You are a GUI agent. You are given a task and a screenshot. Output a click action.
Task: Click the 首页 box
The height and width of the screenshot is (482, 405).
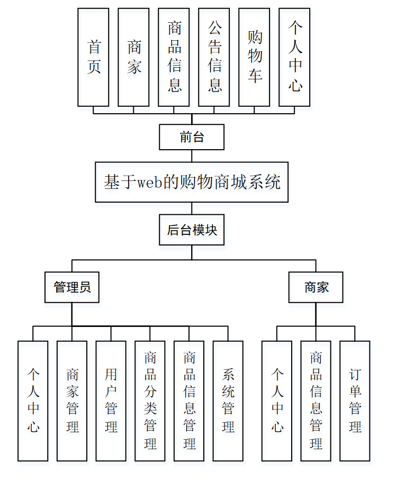point(93,57)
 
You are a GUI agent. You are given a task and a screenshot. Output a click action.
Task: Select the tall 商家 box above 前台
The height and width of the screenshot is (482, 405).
point(133,57)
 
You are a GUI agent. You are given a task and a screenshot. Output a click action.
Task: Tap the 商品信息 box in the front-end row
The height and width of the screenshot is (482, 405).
point(174,57)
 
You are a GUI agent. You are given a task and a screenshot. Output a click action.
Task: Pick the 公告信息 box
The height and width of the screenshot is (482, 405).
point(214,57)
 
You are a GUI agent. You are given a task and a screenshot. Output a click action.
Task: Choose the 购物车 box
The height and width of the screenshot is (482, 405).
point(254,57)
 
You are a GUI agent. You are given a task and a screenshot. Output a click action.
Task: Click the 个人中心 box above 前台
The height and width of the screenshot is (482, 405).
point(294,57)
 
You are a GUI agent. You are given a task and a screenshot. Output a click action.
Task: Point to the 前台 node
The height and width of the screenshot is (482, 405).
point(192,138)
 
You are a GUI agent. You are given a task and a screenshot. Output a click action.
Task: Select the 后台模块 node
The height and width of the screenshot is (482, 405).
point(192,230)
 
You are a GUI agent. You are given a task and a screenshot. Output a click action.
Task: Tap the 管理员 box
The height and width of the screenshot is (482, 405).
point(72,287)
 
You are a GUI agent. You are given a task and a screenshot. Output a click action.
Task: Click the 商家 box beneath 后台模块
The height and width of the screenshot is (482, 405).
point(316,287)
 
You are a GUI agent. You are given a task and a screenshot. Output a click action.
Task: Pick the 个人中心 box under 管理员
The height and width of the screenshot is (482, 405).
point(33,401)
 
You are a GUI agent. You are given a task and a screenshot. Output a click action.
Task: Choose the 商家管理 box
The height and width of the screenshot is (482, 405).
point(72,401)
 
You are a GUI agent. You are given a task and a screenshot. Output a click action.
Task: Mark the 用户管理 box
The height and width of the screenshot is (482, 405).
point(111,401)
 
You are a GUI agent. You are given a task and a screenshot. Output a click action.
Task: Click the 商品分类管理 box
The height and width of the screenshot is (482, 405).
point(150,401)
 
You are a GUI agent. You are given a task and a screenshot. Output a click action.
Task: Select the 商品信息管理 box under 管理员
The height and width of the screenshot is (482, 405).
point(189,401)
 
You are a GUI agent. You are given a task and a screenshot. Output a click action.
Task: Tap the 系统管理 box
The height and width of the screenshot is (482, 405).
point(228,401)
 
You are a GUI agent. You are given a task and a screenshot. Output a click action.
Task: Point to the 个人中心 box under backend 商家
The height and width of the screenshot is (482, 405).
point(277,401)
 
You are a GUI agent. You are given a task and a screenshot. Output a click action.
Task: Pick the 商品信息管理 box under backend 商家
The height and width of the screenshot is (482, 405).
point(316,401)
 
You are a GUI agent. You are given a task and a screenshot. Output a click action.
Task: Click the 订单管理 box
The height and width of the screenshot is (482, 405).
point(355,401)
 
